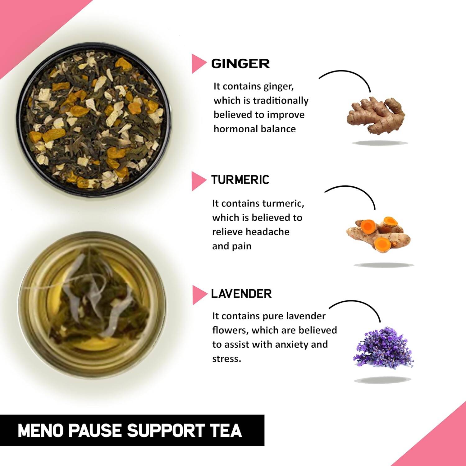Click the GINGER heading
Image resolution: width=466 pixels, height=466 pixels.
pos(240,64)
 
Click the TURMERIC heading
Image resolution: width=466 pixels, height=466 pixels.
pos(240,180)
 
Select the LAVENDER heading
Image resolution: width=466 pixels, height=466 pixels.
pos(241,294)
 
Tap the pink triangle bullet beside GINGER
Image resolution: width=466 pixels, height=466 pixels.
pos(198,64)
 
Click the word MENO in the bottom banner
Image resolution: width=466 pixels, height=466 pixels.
pos(40,431)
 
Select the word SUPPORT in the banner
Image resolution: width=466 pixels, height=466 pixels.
pos(165,431)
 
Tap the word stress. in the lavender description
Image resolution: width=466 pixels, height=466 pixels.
pos(226,359)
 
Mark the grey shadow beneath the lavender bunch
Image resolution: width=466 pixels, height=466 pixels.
pos(383,380)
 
